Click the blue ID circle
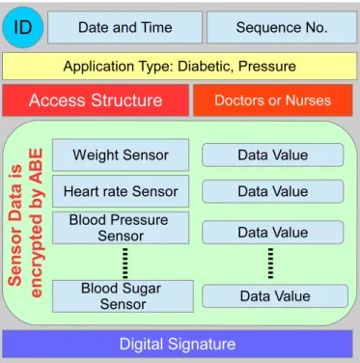[23, 27]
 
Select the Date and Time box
[125, 27]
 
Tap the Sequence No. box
[282, 27]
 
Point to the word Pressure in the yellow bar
[267, 67]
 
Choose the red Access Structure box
[96, 100]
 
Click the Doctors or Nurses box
[273, 100]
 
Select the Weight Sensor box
[121, 154]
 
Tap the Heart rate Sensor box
[121, 191]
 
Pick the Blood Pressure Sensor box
[121, 228]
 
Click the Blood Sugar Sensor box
[123, 296]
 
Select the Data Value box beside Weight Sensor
[273, 154]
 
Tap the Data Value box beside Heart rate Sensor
[273, 191]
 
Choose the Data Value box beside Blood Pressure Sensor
[273, 232]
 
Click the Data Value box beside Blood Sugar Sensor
[275, 296]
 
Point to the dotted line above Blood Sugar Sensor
[125, 263]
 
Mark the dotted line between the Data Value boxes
[270, 263]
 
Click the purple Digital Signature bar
[178, 344]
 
